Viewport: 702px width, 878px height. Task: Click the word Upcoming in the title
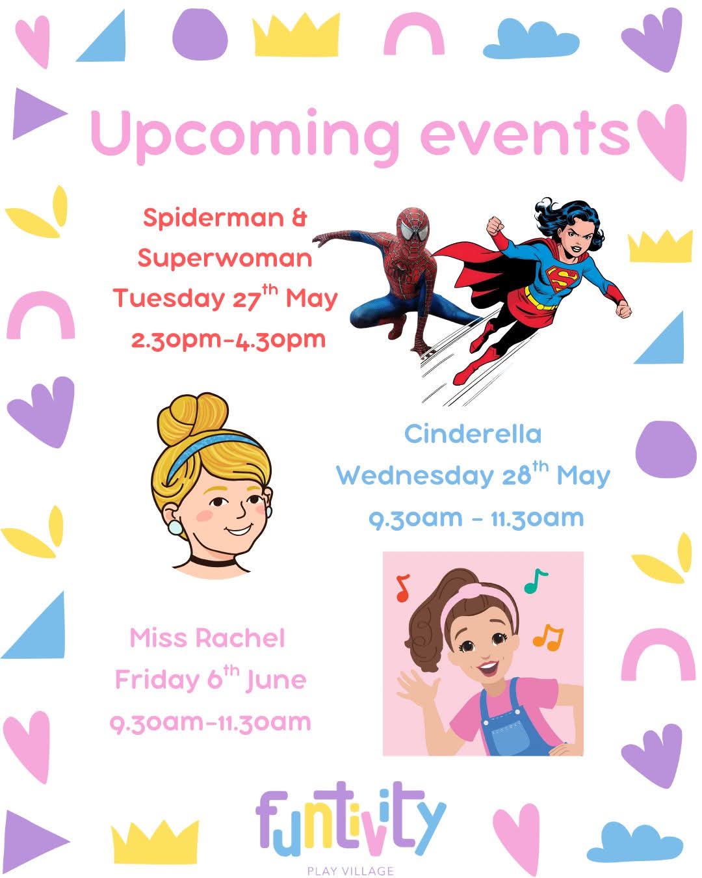(x=244, y=137)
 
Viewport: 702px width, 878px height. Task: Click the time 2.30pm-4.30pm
(x=228, y=340)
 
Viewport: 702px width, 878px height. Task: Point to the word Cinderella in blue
(x=473, y=434)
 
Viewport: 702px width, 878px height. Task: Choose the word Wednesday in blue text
(x=415, y=475)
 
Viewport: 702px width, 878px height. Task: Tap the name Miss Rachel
(x=207, y=638)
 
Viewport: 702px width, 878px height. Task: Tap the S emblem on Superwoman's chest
(x=562, y=278)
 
